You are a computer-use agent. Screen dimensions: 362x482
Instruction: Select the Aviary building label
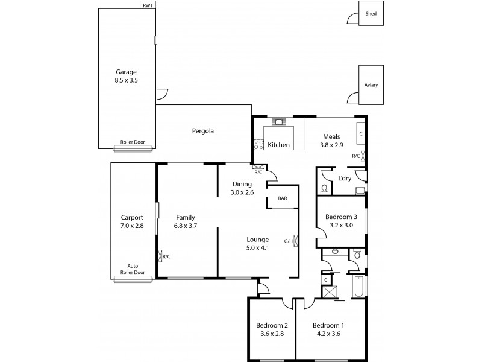click(x=371, y=85)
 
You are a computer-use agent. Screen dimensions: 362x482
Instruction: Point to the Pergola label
click(x=203, y=130)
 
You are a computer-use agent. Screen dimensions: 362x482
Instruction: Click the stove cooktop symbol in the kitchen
click(x=258, y=144)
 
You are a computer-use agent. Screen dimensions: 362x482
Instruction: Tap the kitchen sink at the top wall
click(x=279, y=121)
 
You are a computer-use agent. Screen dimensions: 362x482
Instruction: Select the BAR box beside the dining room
click(x=283, y=198)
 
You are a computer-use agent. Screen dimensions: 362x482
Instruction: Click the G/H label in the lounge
click(x=288, y=241)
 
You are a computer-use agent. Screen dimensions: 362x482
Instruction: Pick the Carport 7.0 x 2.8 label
click(x=131, y=221)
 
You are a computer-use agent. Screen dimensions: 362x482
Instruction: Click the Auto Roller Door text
click(x=133, y=268)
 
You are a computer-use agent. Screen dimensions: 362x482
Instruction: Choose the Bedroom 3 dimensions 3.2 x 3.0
click(x=342, y=225)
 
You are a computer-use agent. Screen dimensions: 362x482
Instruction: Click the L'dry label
click(x=345, y=178)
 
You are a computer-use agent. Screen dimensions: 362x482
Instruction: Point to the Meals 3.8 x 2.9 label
click(x=333, y=140)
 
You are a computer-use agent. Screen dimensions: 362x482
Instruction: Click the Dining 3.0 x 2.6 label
click(x=242, y=188)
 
